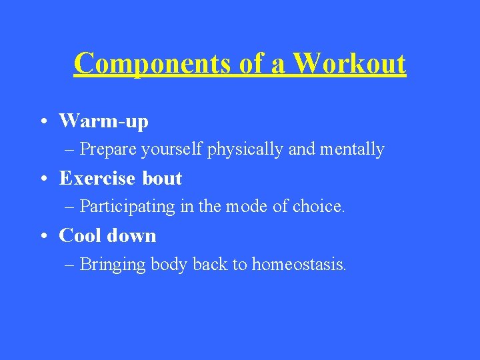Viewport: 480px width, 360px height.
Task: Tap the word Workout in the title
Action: (x=349, y=64)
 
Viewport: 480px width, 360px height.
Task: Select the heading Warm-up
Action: (x=103, y=121)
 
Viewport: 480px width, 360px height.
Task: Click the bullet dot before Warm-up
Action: (x=42, y=122)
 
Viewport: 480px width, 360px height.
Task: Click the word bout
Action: (x=162, y=179)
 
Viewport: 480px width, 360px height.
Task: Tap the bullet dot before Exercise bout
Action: (x=42, y=179)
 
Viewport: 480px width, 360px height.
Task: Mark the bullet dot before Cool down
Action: (x=42, y=237)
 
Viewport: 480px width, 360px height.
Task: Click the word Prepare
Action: (x=108, y=150)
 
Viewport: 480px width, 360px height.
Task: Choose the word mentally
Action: (x=352, y=150)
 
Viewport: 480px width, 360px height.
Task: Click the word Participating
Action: (x=127, y=207)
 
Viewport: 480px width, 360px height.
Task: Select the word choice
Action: (x=316, y=207)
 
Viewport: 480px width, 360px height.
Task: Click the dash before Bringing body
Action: (x=70, y=265)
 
